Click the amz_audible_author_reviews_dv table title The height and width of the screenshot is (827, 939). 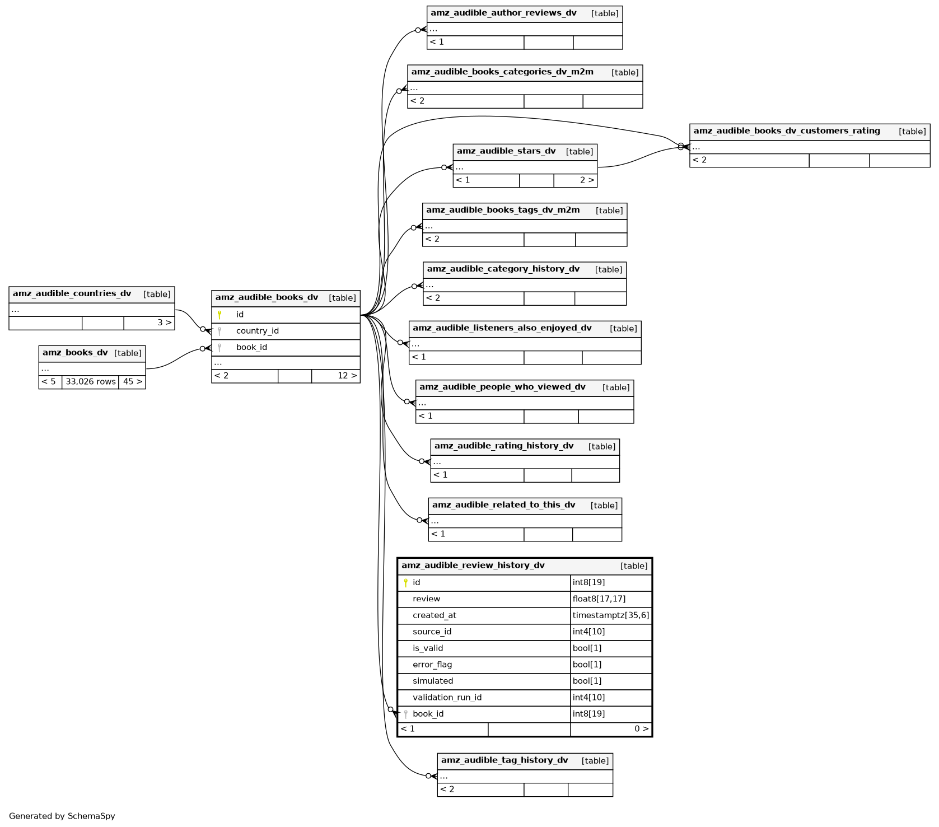coord(503,13)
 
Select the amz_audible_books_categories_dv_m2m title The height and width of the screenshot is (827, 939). coord(502,72)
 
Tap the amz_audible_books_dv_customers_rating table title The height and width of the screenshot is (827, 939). coord(787,131)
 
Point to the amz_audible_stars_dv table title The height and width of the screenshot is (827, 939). coord(506,151)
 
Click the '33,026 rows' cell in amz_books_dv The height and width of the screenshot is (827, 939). coord(91,382)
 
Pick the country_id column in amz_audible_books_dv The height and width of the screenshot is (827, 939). coord(258,331)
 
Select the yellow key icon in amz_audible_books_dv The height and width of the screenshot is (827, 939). coord(219,315)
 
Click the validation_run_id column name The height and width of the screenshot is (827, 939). coord(447,698)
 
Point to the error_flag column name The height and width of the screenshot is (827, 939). coord(432,665)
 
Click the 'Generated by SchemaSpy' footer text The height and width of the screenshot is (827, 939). coord(62,816)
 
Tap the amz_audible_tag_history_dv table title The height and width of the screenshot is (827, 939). coord(504,760)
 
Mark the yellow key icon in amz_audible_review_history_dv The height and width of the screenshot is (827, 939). coord(406,583)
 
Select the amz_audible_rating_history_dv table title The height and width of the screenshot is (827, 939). coord(504,446)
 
